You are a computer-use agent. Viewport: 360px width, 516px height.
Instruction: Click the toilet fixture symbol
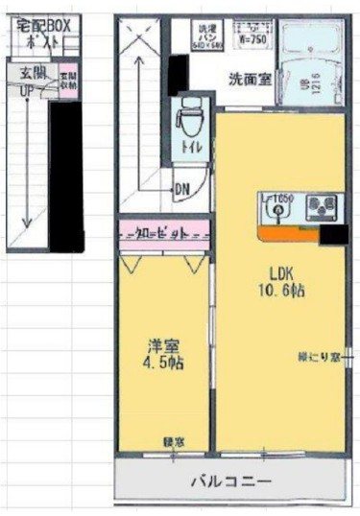coord(189,121)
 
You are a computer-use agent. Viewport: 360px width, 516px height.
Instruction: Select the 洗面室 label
coord(248,80)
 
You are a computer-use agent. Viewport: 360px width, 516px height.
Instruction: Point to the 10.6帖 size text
coord(273,290)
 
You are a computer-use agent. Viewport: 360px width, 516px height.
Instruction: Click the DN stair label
coord(181,188)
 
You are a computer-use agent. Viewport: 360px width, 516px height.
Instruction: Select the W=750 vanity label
coord(251,41)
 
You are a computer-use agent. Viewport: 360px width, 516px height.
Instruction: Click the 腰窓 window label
coord(174,442)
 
